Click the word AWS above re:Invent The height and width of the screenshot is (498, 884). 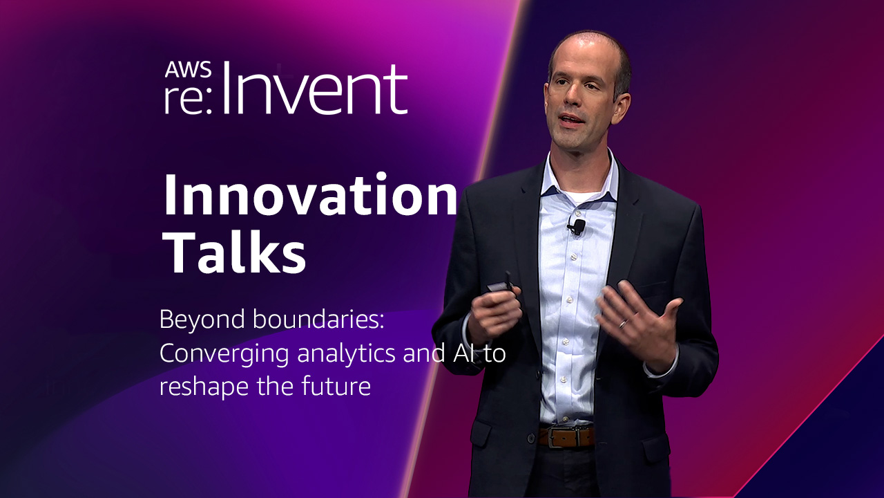click(x=188, y=70)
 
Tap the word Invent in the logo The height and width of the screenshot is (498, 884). click(x=315, y=89)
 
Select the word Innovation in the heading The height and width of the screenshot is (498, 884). click(x=310, y=195)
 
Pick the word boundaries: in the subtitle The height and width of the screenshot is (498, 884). click(x=318, y=320)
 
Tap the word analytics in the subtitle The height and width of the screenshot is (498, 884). click(x=346, y=354)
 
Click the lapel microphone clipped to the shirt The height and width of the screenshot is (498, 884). click(x=576, y=227)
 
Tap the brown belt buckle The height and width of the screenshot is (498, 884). click(x=567, y=437)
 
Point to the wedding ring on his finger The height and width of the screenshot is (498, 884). click(x=623, y=324)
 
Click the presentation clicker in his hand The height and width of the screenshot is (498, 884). click(x=501, y=284)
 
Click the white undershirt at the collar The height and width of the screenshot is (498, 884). click(x=579, y=196)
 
